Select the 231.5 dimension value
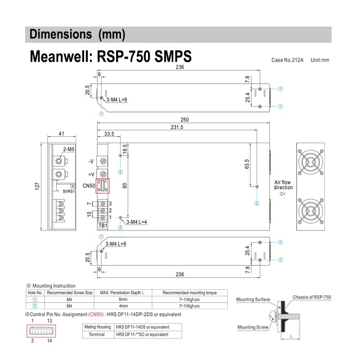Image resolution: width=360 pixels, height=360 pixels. [176, 128]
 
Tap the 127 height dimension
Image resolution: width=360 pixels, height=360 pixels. [39, 185]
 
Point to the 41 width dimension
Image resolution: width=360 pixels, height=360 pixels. [62, 134]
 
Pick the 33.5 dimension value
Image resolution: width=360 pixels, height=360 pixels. [108, 134]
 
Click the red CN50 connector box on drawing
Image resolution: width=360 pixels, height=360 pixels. [103, 186]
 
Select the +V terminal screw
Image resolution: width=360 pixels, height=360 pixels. [103, 175]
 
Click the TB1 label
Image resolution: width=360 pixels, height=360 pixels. [103, 225]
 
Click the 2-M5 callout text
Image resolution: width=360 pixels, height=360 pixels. [69, 149]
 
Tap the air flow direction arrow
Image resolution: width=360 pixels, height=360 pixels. [283, 194]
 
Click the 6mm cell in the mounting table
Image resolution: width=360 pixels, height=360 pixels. [123, 299]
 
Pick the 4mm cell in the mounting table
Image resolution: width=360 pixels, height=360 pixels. [123, 306]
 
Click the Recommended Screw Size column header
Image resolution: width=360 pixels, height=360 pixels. [70, 292]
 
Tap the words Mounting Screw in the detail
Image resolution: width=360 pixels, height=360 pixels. [253, 327]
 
